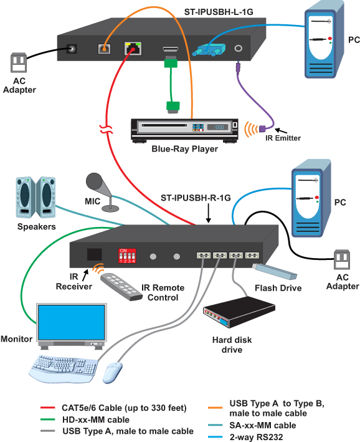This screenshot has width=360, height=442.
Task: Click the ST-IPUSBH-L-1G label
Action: click(x=220, y=12)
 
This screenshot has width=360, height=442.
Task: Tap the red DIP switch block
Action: click(x=127, y=255)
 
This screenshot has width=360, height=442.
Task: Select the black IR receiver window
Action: click(x=94, y=254)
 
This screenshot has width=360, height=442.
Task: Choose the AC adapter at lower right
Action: click(x=342, y=258)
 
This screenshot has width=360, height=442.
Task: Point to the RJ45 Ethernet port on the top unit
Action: click(x=133, y=48)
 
